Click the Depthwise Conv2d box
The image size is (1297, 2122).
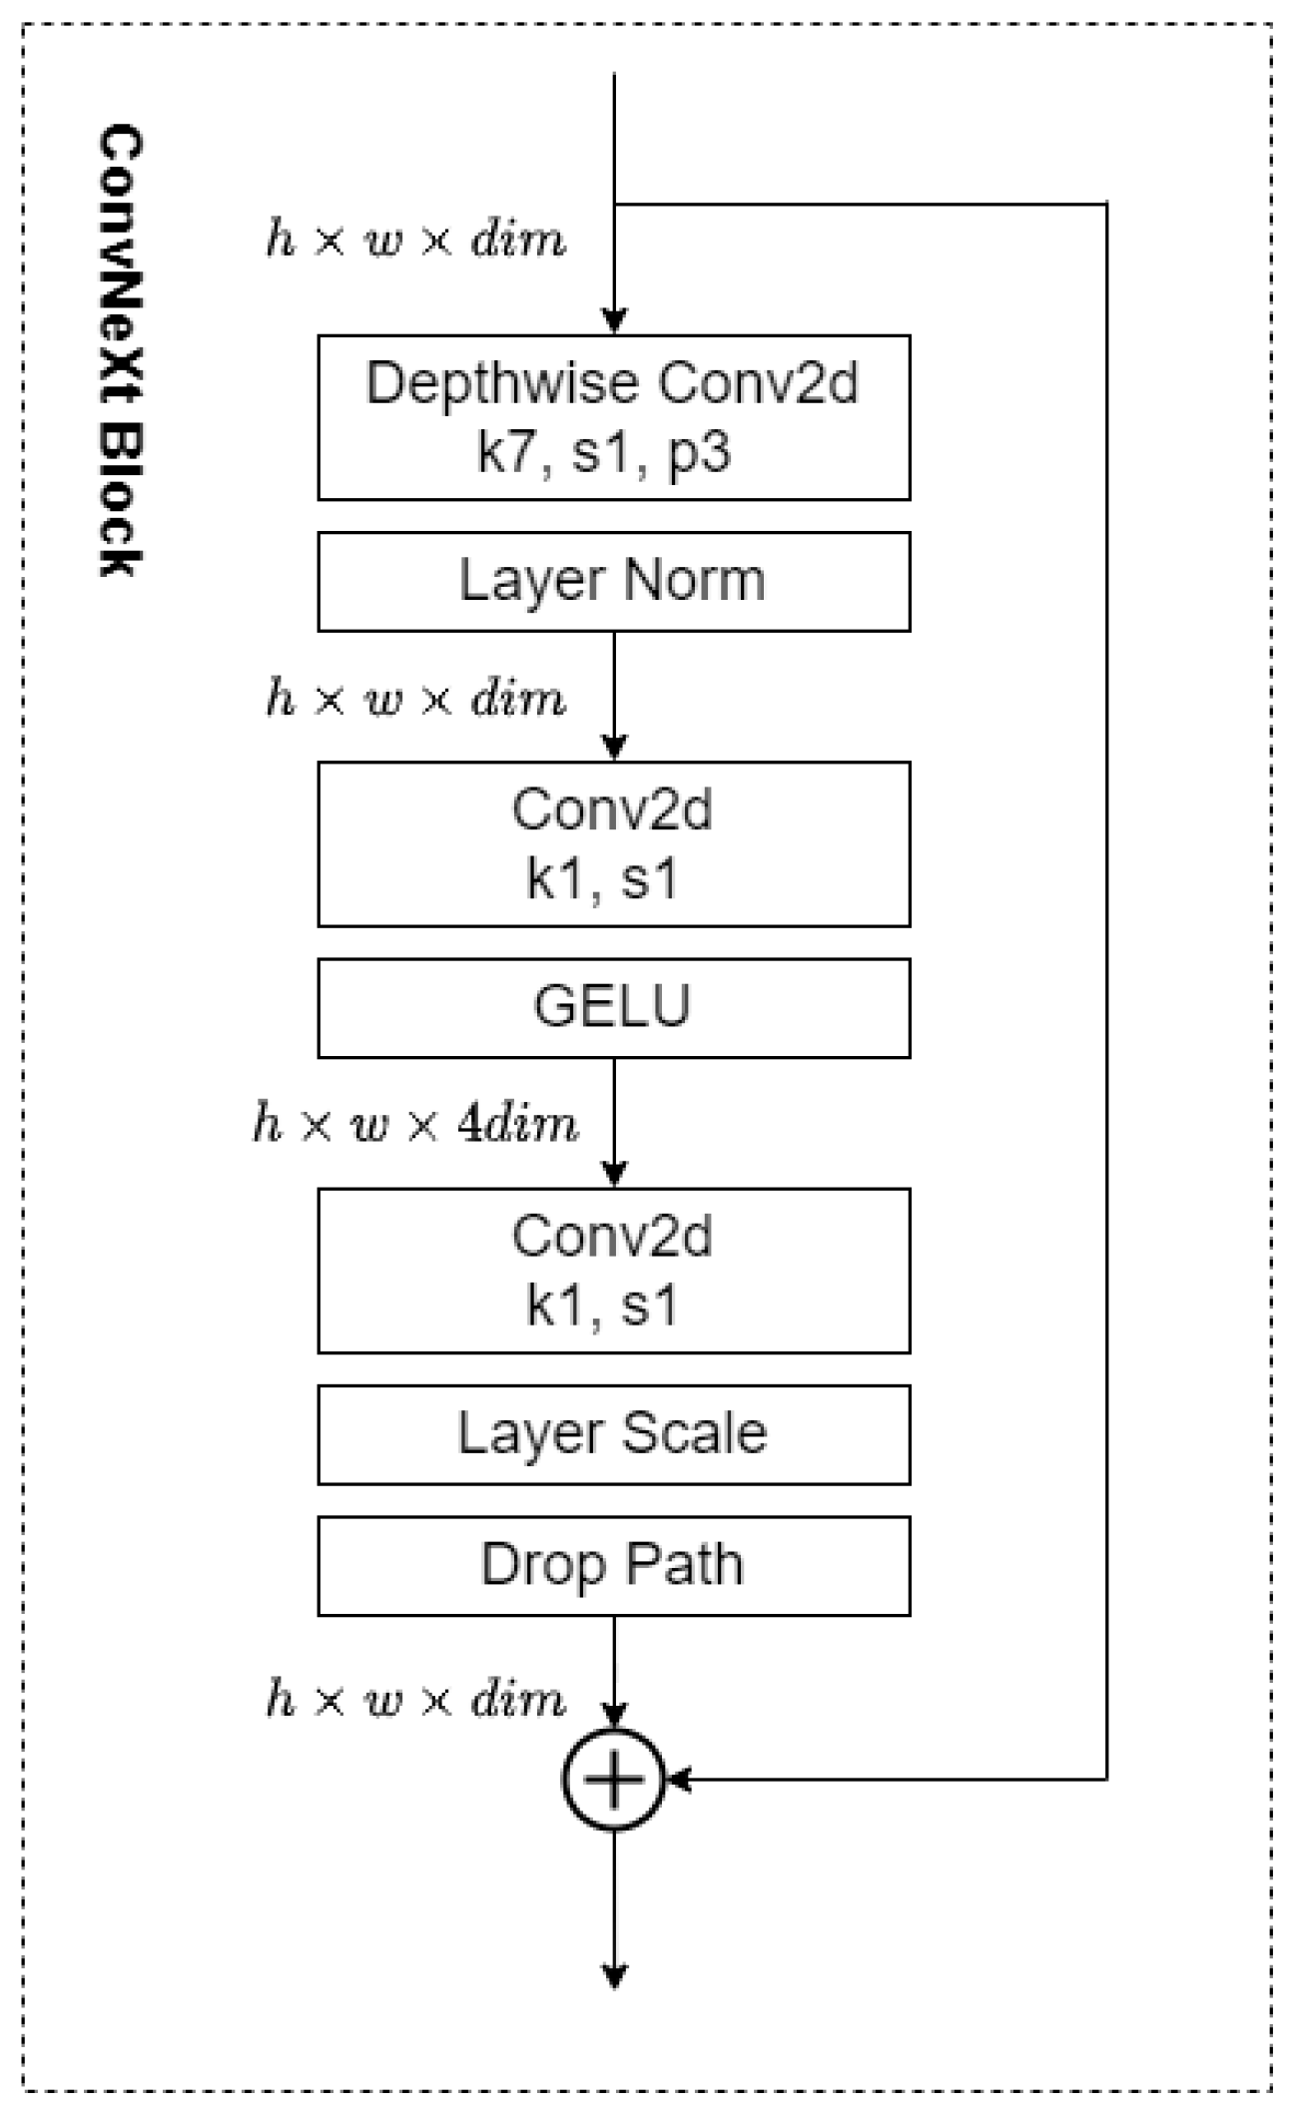tap(613, 417)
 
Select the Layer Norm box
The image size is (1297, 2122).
tap(613, 581)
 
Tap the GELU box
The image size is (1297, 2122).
tap(613, 1007)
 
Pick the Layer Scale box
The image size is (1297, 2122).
tap(613, 1434)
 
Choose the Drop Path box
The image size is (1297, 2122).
tap(613, 1565)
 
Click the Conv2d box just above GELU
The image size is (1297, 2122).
tap(613, 844)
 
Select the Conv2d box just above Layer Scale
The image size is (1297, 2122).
tap(613, 1271)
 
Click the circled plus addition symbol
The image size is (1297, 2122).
tap(613, 1780)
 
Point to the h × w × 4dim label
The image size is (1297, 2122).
tap(415, 1124)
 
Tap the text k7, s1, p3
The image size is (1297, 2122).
tap(603, 453)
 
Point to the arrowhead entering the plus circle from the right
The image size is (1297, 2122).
tap(679, 1780)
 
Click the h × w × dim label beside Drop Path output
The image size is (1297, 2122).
tap(415, 1698)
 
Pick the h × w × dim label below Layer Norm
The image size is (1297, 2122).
tap(415, 698)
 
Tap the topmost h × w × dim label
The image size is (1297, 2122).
tap(415, 240)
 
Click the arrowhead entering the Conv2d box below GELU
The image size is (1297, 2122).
tap(614, 1174)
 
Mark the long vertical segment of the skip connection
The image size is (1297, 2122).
tap(1106, 998)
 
